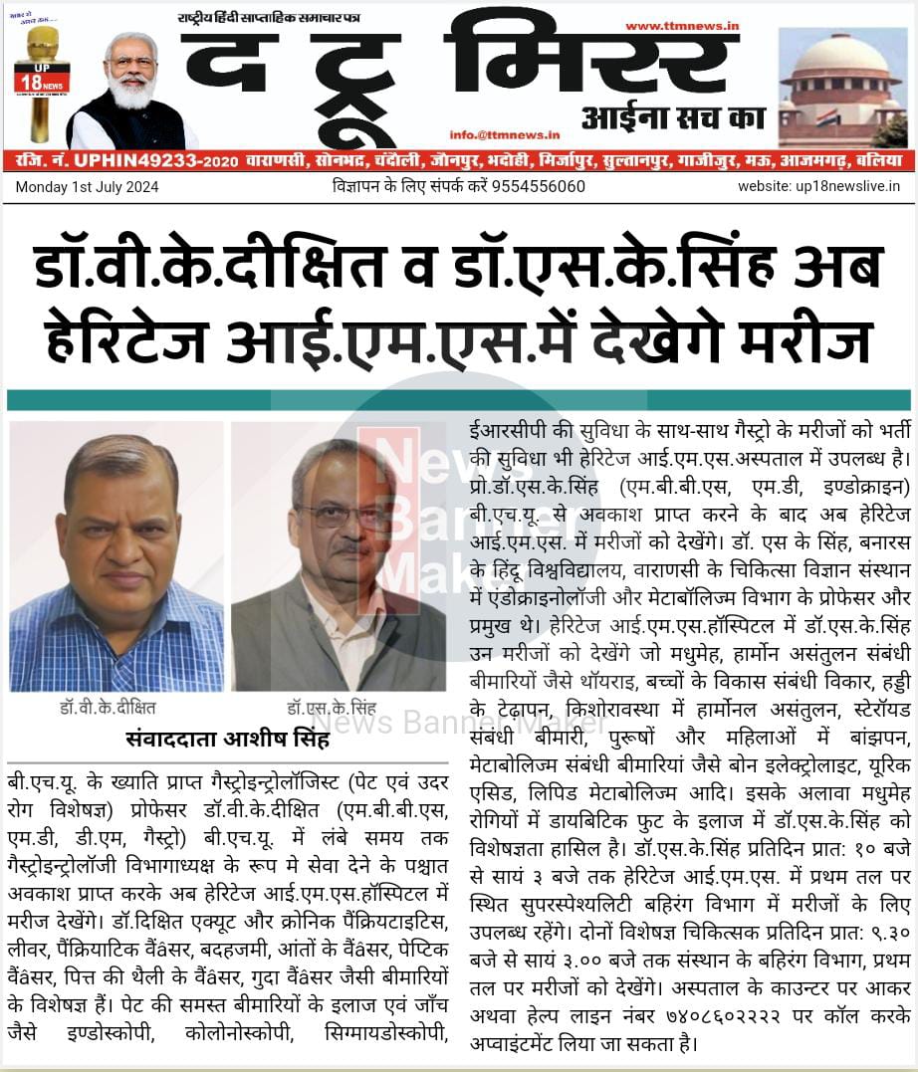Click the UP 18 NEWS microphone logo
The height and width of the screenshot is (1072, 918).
pos(42,80)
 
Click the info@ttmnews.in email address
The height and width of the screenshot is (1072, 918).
pos(504,134)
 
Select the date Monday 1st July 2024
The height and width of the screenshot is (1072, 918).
pos(87,187)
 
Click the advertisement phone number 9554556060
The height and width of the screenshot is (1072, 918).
pos(547,187)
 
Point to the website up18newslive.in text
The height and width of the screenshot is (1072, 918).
pos(818,187)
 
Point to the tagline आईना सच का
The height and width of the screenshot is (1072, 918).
pos(673,119)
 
